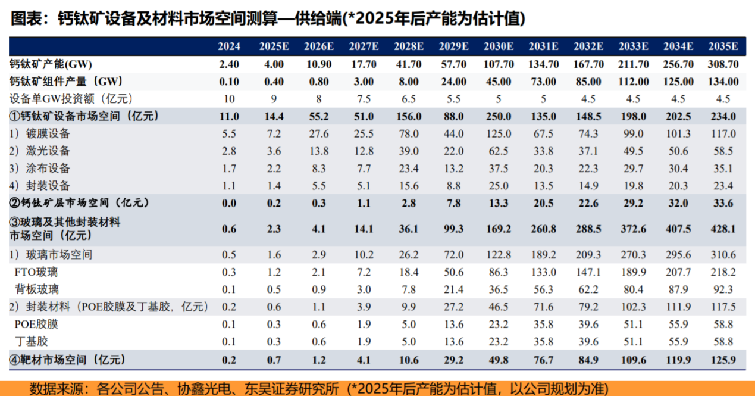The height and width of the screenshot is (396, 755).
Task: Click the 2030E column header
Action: [498, 46]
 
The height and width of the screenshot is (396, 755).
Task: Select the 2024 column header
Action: [229, 46]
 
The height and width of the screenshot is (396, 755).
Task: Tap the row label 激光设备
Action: [48, 151]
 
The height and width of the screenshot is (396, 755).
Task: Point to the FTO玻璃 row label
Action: [36, 272]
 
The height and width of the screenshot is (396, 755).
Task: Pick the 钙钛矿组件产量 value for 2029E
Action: [453, 82]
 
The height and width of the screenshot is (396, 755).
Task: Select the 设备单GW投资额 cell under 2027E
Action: [364, 99]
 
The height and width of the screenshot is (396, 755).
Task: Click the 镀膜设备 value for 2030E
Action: [499, 133]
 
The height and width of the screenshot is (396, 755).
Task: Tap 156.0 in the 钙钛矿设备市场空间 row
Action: [408, 116]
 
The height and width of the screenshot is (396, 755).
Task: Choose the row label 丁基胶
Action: [32, 342]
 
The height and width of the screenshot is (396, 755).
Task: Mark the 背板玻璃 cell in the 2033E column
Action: [632, 289]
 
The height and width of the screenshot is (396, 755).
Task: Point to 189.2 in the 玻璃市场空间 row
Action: [543, 255]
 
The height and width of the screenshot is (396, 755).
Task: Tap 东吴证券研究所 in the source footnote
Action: [292, 388]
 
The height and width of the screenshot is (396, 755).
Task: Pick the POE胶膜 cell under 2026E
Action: [319, 325]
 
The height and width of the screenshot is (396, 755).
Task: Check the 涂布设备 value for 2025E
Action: [274, 168]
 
